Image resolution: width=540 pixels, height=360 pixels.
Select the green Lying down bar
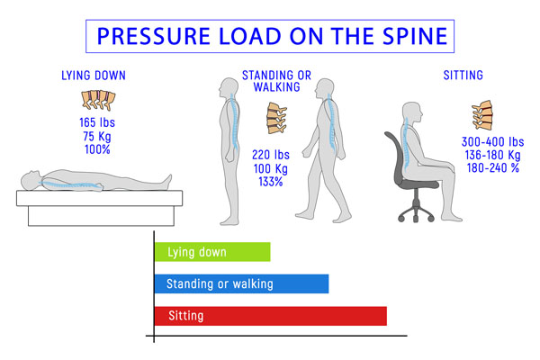(212, 253)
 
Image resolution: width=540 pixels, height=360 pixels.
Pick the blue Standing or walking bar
(241, 284)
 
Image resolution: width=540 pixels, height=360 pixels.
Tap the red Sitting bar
(270, 316)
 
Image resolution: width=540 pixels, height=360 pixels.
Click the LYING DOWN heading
(93, 76)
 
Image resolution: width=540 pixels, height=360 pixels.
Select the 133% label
(269, 182)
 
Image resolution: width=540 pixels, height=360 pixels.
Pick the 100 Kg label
(269, 168)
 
